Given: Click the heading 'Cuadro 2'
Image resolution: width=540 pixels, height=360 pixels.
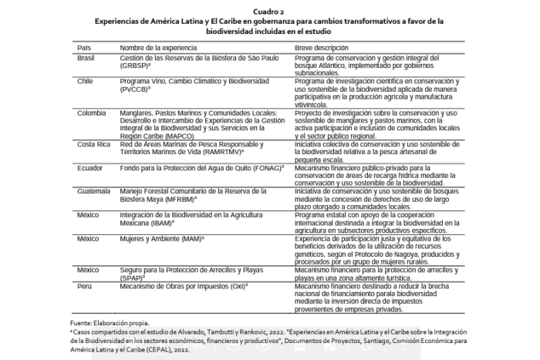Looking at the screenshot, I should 269,13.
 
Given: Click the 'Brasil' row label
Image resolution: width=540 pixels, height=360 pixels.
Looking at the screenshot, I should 87,59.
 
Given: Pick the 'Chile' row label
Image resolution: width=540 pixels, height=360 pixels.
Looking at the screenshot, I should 86,81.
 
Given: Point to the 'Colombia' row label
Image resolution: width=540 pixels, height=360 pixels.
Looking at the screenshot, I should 92,112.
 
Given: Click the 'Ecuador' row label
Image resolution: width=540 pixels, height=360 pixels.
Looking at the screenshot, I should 90,167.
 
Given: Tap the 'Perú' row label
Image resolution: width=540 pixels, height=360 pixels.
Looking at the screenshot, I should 85,286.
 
